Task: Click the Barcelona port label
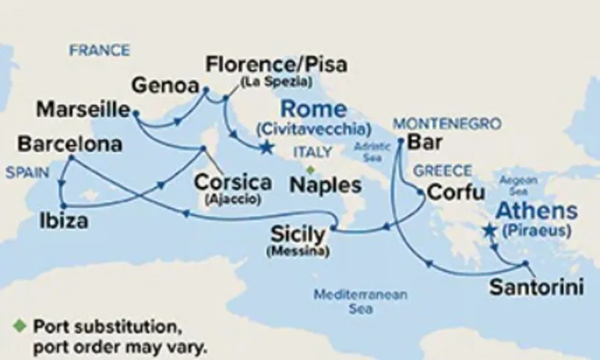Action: (x=69, y=144)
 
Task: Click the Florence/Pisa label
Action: (x=276, y=65)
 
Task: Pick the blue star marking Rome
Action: (x=266, y=148)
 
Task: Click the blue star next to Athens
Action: (x=489, y=230)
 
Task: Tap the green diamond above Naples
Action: (x=310, y=169)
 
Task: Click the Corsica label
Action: (x=233, y=181)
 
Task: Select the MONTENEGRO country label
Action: (x=447, y=123)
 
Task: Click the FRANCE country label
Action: (x=99, y=51)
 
